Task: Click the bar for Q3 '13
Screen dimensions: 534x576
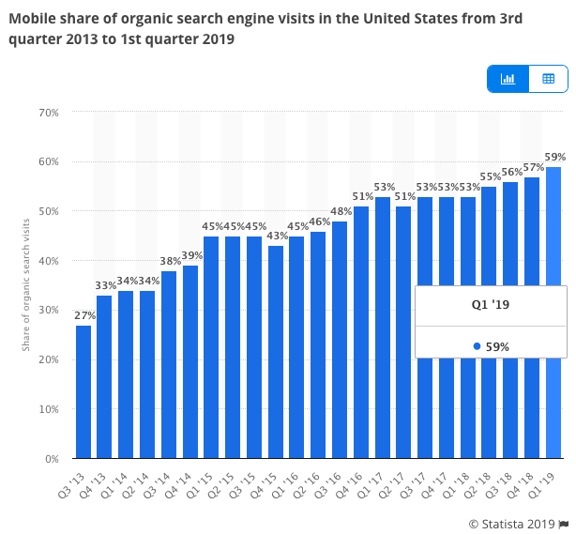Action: click(83, 392)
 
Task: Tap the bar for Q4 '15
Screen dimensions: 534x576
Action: click(276, 352)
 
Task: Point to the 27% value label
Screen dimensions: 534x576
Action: click(83, 316)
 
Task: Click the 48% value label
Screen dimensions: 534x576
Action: click(340, 211)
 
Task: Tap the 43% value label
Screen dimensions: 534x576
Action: click(276, 236)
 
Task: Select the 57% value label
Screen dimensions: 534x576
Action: click(532, 167)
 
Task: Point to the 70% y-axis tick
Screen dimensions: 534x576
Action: click(49, 112)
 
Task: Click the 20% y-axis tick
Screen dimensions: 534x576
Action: click(49, 360)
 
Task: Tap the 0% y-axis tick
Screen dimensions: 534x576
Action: click(52, 460)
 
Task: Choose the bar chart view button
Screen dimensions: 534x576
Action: click(508, 79)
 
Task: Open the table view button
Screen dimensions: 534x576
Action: click(549, 79)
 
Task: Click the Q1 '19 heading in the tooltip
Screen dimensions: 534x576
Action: click(491, 305)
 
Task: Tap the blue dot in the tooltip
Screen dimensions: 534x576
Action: click(477, 346)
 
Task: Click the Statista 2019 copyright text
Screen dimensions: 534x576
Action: click(512, 523)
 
